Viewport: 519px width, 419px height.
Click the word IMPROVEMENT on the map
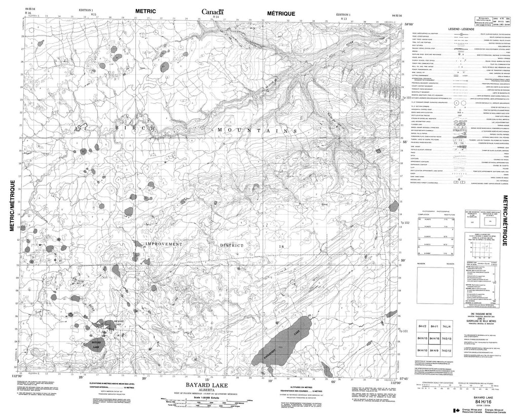163,245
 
